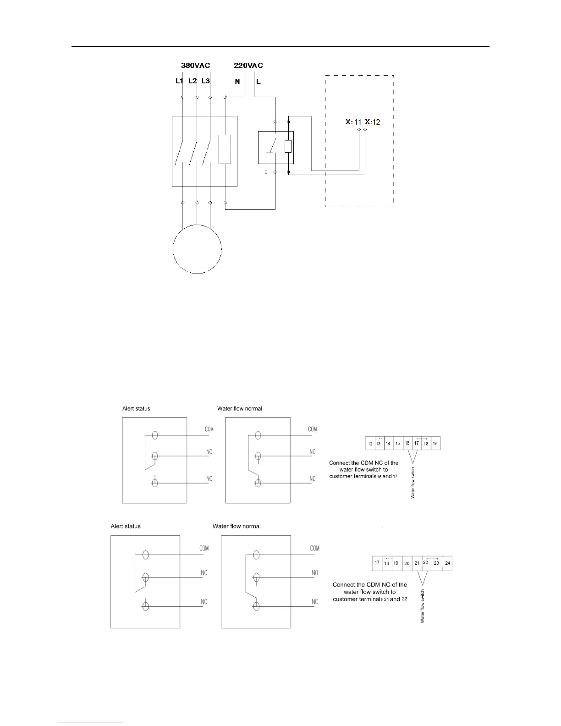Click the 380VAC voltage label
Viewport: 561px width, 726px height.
(195, 66)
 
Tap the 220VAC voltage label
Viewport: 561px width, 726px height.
(248, 66)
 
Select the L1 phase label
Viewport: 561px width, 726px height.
(179, 81)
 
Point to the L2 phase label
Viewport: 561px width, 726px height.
(192, 81)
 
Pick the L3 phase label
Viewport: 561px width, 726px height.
(206, 81)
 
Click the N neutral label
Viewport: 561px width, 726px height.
(237, 82)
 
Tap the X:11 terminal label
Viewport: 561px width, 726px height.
(353, 122)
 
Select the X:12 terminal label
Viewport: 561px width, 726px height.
(373, 122)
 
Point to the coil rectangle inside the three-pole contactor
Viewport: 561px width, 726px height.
(225, 149)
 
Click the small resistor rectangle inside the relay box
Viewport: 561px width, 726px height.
(288, 146)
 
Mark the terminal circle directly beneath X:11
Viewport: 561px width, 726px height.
(359, 130)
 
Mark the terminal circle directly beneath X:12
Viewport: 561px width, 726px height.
(365, 130)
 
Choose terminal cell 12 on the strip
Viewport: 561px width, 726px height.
(370, 444)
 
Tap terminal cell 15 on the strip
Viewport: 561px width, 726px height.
(398, 444)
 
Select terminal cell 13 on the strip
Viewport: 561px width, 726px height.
(379, 444)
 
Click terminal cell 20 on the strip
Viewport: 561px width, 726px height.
(407, 563)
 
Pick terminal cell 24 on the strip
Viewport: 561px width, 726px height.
(448, 563)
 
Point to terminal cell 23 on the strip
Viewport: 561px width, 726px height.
(436, 563)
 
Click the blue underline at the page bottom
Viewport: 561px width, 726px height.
(91, 722)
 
